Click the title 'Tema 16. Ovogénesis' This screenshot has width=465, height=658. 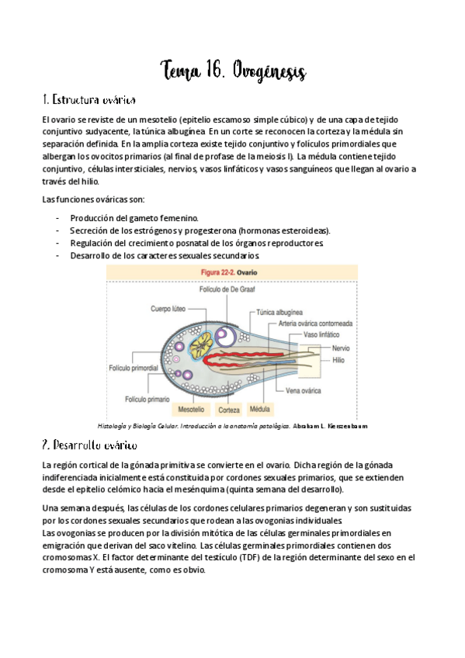pos(233,71)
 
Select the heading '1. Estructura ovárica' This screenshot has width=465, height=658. pos(90,101)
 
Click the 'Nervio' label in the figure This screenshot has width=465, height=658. pos(343,348)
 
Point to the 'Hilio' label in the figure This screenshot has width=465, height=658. pos(340,360)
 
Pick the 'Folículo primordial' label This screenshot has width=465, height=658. pos(134,367)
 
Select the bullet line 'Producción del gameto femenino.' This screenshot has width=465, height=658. pos(134,218)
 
